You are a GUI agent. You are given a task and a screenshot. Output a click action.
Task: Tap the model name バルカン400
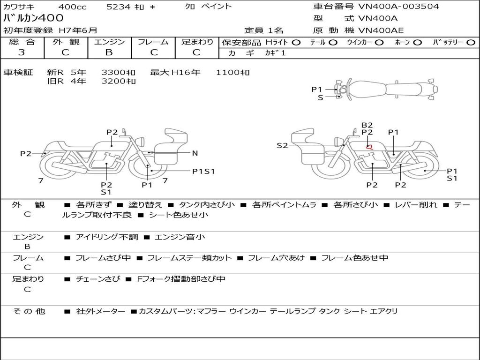click(x=33, y=18)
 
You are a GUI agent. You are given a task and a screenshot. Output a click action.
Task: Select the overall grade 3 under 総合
click(x=22, y=52)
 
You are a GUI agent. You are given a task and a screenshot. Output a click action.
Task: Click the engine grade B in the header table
click(x=109, y=52)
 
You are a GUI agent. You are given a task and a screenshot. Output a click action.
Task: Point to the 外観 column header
click(x=66, y=42)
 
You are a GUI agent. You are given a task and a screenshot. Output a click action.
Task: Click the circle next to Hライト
click(x=296, y=43)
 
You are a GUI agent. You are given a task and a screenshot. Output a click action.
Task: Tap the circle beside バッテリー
click(x=471, y=43)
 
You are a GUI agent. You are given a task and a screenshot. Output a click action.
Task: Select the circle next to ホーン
click(x=418, y=43)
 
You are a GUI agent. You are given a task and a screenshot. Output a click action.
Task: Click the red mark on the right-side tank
click(x=370, y=147)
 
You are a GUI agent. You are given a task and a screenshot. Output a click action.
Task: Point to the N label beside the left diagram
click(x=195, y=153)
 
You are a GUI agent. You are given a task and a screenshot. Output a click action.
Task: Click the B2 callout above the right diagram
click(x=367, y=125)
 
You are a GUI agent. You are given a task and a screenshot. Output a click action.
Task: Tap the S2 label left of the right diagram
click(x=282, y=146)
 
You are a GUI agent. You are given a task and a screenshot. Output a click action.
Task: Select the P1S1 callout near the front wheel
click(x=203, y=172)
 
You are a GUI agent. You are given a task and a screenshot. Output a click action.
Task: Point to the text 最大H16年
click(x=175, y=73)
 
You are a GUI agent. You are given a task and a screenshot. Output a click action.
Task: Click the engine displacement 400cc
click(x=72, y=7)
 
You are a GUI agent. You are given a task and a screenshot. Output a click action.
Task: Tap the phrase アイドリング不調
click(x=107, y=237)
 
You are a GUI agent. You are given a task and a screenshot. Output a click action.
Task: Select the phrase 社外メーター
click(x=100, y=311)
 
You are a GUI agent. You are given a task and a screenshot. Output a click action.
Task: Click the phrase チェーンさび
click(x=98, y=279)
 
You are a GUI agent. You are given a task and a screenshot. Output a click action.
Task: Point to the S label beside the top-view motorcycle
click(x=321, y=97)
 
